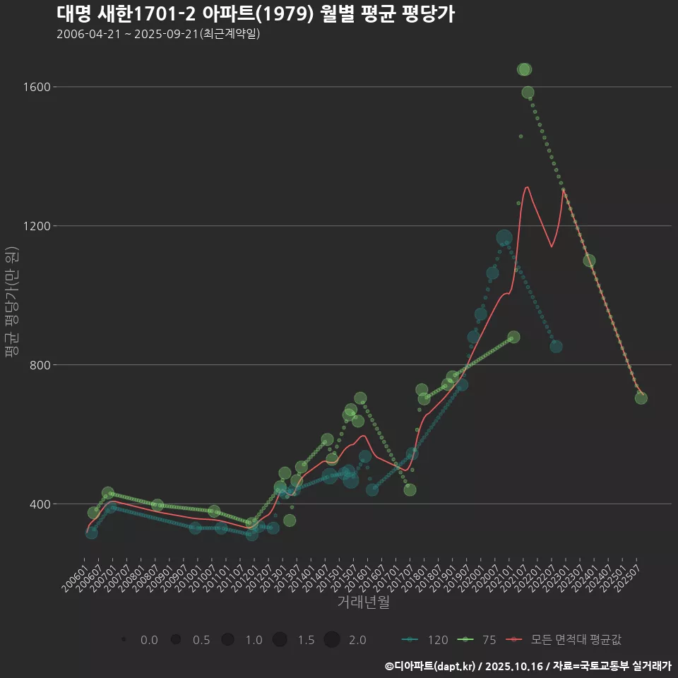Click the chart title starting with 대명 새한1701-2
point(255,13)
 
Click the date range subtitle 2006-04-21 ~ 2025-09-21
point(158,34)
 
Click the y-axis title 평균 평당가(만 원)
point(11,304)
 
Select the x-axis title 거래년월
point(363,602)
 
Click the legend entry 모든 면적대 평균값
point(566,640)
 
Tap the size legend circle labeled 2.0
point(333,640)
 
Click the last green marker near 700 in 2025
point(641,398)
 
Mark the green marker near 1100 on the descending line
point(589,261)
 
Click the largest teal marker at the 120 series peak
point(504,238)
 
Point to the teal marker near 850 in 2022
point(556,346)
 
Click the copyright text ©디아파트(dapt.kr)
point(431,666)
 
